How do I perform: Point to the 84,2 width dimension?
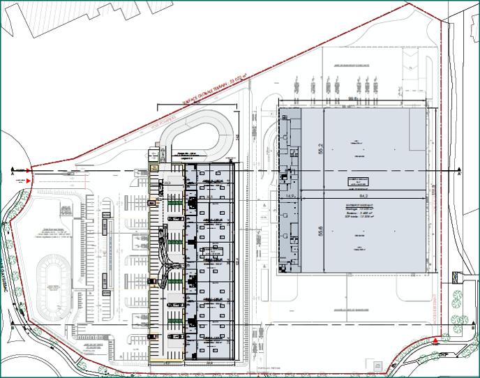pos(363,196)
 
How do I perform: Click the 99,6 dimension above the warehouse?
pos(353,100)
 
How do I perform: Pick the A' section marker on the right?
pos(459,175)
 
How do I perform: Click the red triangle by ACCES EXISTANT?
pos(435,340)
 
